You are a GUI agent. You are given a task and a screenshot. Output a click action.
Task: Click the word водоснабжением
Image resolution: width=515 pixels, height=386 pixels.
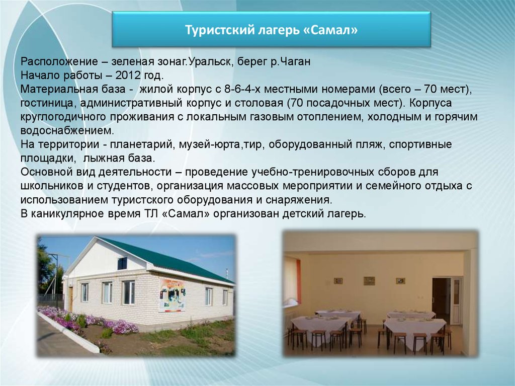click(x=67, y=130)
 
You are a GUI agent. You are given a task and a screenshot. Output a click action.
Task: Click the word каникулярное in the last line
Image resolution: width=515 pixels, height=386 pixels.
click(x=68, y=214)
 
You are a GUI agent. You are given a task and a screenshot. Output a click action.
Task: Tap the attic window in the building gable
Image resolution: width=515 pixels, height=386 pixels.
click(x=122, y=263)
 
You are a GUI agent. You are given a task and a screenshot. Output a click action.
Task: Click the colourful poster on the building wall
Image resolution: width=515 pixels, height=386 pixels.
click(x=172, y=295)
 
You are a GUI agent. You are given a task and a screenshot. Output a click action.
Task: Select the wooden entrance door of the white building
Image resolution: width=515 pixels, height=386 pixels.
click(x=70, y=299)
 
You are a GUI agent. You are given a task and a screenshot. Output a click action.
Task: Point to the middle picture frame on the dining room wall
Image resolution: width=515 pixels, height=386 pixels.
click(x=369, y=281)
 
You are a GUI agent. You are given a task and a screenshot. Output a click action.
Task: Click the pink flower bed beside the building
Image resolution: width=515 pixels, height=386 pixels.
click(x=89, y=320)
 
